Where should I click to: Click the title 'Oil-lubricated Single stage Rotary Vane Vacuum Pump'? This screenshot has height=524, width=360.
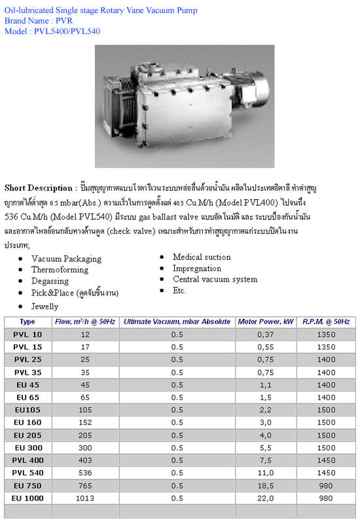point(101,10)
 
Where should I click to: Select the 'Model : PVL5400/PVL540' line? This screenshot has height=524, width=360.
point(52,31)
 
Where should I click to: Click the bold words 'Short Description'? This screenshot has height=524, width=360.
point(37,188)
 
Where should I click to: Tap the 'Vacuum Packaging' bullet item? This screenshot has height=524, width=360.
point(66,259)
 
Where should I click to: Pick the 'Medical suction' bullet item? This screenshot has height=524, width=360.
point(202,257)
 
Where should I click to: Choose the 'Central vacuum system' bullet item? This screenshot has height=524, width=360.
point(215,279)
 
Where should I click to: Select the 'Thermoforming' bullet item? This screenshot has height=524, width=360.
point(60,270)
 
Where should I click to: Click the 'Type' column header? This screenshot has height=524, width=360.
point(27,322)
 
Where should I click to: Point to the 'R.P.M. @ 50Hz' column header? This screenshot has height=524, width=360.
point(326,322)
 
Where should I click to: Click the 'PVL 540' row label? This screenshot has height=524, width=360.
point(27,472)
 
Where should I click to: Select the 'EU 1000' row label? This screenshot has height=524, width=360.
point(27,498)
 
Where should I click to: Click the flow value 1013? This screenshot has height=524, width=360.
point(86,498)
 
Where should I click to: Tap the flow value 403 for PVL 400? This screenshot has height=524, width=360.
point(86,460)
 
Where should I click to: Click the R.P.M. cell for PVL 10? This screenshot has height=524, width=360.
point(326,334)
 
